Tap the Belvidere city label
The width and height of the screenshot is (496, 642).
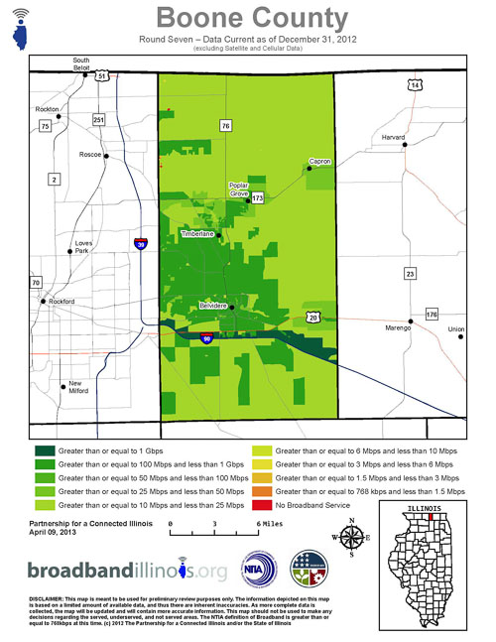(214, 305)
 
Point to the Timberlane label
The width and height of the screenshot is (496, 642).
(198, 234)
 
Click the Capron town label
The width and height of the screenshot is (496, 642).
(318, 161)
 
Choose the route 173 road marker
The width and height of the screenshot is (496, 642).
(257, 198)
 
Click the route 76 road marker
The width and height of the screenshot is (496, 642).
(226, 126)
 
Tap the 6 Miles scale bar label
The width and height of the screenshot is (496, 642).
(269, 521)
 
